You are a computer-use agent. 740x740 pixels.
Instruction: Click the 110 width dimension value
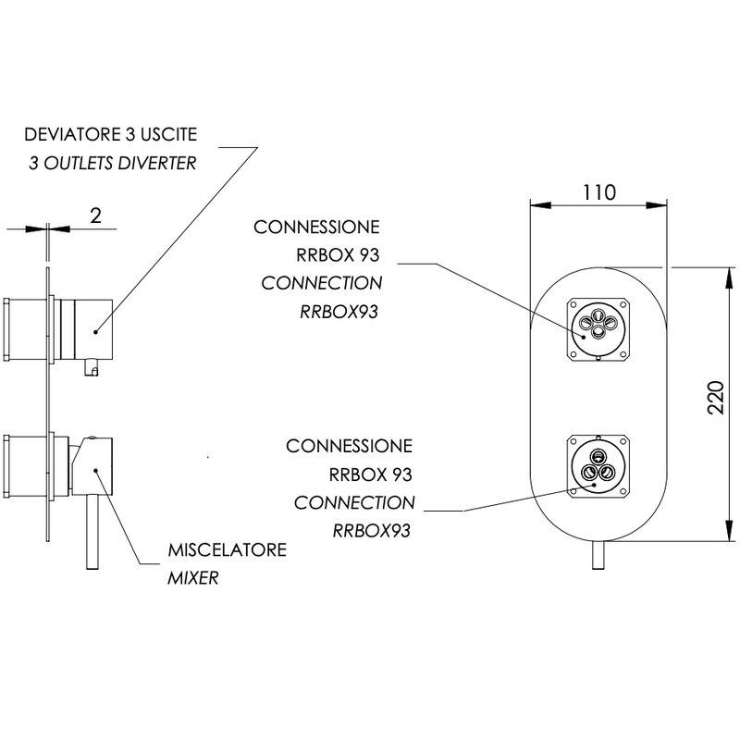[599, 192]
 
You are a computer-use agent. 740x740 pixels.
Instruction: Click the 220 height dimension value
[716, 398]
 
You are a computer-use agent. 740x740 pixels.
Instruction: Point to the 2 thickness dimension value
[95, 216]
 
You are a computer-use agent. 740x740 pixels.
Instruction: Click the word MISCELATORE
[228, 549]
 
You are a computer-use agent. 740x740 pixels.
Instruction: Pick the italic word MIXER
[193, 577]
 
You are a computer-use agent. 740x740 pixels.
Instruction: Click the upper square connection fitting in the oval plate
[598, 329]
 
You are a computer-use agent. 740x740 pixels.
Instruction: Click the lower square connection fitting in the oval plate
[598, 466]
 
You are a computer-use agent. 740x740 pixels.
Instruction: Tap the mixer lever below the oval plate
[598, 555]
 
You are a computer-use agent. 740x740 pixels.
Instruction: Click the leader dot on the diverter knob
[95, 332]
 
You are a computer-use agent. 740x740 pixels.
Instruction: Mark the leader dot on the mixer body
[95, 470]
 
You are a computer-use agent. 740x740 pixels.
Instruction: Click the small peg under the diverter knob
[91, 367]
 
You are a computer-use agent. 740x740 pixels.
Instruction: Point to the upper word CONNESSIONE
[316, 227]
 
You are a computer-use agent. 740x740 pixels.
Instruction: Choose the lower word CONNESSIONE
[350, 446]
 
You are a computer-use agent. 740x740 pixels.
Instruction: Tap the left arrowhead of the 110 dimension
[540, 205]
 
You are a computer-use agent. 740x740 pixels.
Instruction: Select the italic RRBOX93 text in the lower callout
[372, 531]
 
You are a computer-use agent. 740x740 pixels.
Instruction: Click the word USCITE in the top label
[169, 134]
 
